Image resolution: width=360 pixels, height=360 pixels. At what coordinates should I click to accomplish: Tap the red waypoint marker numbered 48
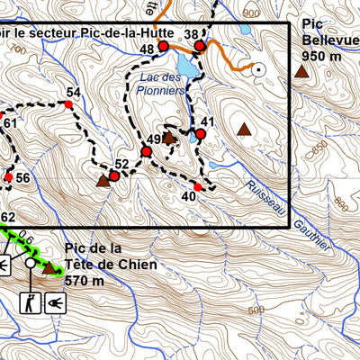pyautogui.click(x=164, y=44)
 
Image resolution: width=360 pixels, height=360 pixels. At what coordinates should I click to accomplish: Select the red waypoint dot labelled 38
pyautogui.click(x=200, y=44)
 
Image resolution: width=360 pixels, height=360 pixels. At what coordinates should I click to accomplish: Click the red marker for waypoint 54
pyautogui.click(x=69, y=105)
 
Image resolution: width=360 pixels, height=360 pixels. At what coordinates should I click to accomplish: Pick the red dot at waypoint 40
pyautogui.click(x=197, y=186)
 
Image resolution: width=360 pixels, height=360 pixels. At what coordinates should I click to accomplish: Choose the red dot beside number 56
pyautogui.click(x=8, y=177)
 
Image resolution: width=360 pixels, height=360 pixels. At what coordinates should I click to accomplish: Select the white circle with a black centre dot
pyautogui.click(x=260, y=68)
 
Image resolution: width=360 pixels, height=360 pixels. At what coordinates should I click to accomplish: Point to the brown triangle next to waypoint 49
pyautogui.click(x=168, y=137)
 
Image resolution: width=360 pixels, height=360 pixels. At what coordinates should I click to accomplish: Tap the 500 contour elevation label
pyautogui.click(x=258, y=310)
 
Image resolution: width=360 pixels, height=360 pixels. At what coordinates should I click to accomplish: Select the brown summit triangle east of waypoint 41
pyautogui.click(x=243, y=129)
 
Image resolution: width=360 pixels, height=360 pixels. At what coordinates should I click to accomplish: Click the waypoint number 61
pyautogui.click(x=10, y=123)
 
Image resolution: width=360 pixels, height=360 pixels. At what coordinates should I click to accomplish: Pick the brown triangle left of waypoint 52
pyautogui.click(x=103, y=181)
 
